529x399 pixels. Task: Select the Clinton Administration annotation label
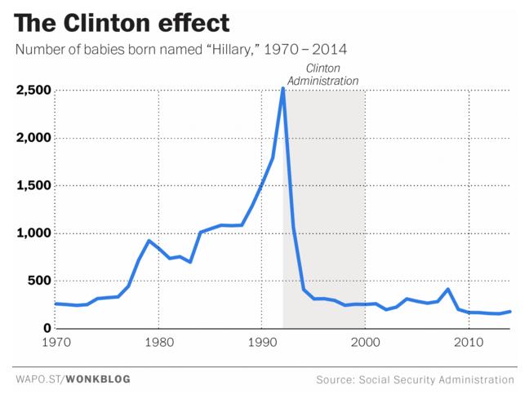click(322, 75)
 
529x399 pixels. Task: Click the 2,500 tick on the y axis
click(33, 90)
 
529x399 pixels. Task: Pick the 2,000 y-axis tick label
click(33, 138)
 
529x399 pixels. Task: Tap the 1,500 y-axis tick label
click(33, 185)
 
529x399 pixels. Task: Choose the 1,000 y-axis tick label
click(33, 233)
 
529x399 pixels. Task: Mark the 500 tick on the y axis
click(38, 281)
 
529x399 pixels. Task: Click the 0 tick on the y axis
click(47, 328)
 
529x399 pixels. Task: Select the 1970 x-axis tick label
click(56, 343)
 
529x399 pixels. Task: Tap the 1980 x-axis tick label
click(158, 343)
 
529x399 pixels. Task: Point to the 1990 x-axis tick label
click(261, 343)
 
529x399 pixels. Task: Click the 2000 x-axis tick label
click(365, 343)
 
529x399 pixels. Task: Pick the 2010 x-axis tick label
click(468, 343)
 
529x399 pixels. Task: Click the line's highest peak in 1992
click(282, 88)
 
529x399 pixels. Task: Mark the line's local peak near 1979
click(148, 241)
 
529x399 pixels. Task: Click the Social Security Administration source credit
click(438, 379)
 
